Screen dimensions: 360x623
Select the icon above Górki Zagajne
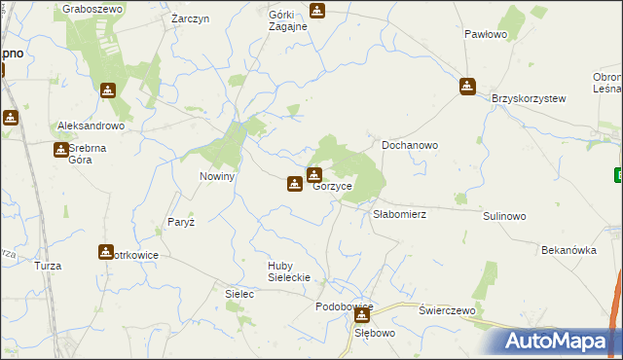point(316,12)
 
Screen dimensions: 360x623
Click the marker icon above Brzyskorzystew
point(468,87)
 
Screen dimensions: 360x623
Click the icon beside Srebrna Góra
point(60,149)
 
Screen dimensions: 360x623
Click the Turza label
point(48,266)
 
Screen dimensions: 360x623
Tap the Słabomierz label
point(400,214)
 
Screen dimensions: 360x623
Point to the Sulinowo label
point(504,216)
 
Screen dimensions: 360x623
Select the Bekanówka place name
point(568,250)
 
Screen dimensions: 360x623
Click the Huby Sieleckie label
point(281,270)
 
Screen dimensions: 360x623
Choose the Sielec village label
point(238,293)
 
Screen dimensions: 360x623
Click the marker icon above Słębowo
point(362,315)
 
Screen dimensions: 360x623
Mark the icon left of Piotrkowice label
point(105,252)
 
